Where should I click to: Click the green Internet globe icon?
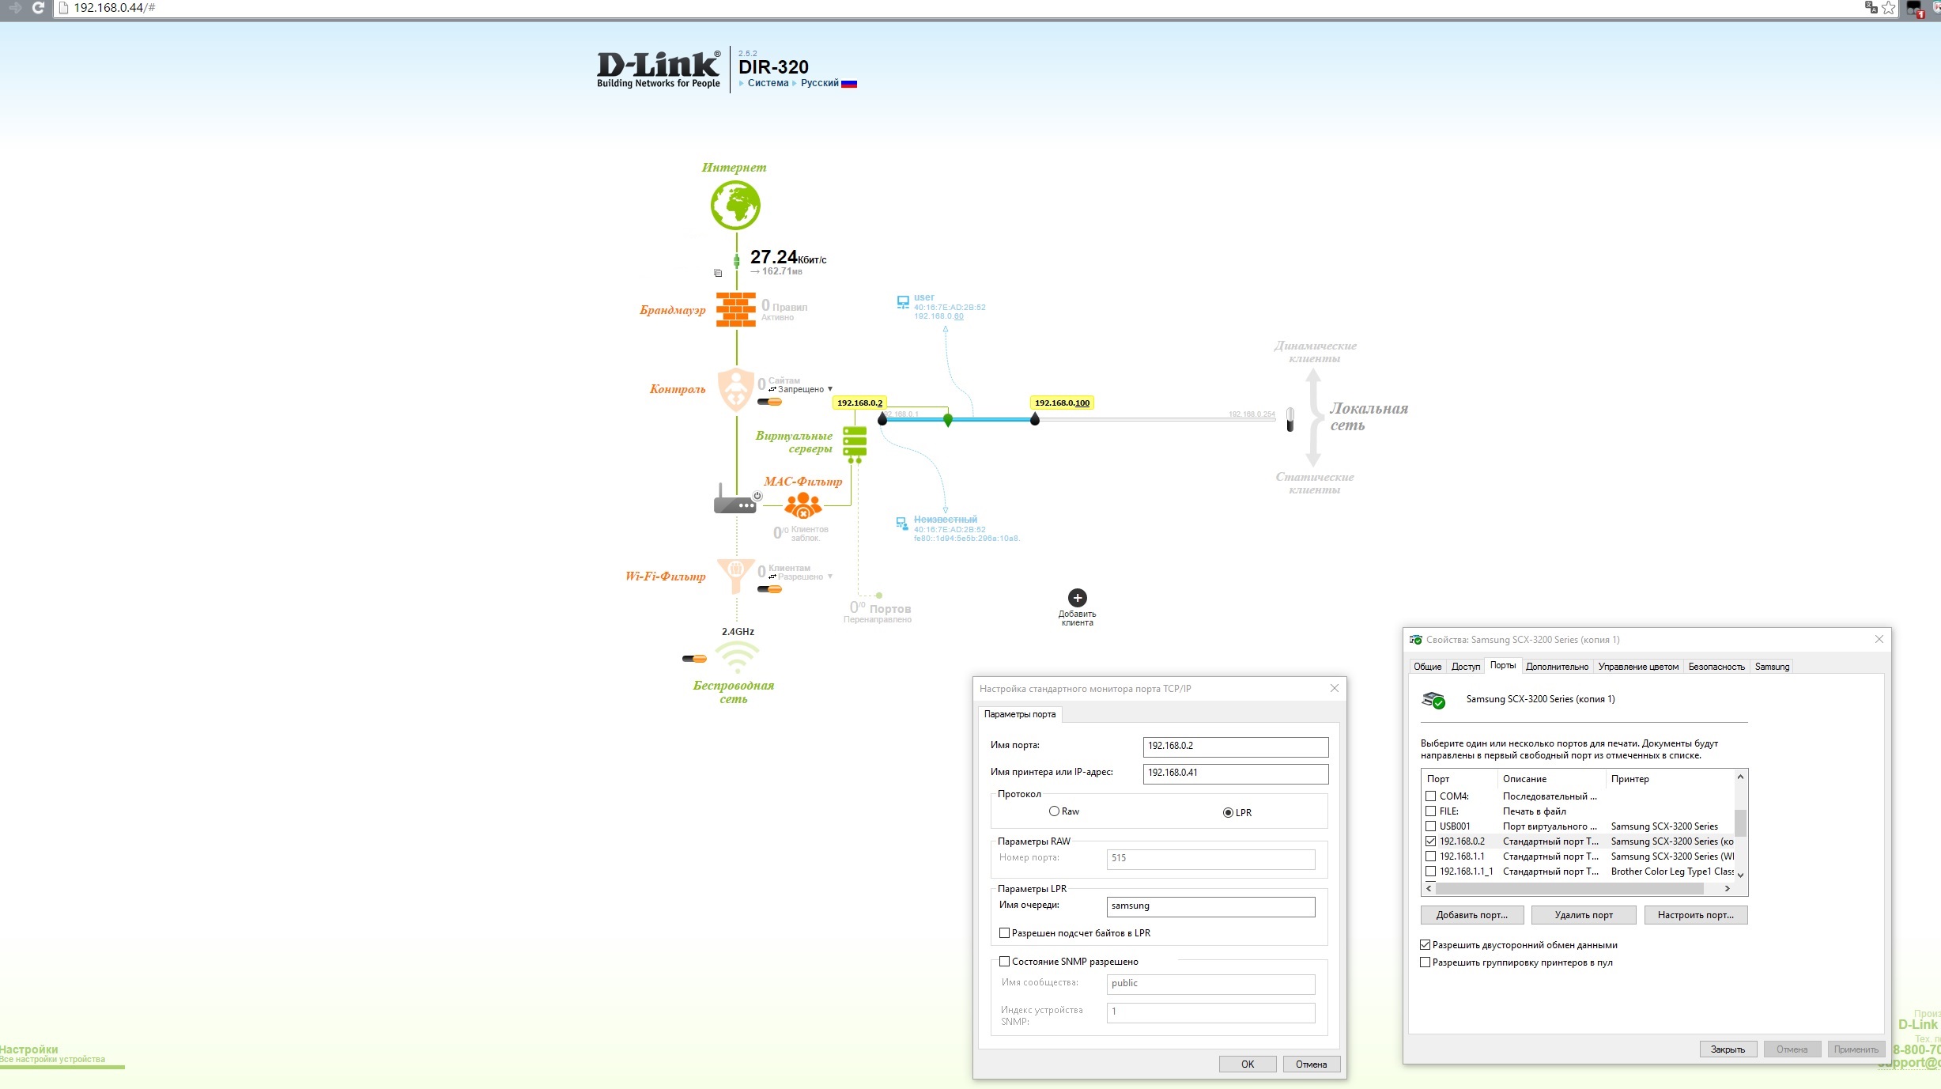pos(735,205)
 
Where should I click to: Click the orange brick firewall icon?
pos(736,309)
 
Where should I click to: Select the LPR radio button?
pos(1228,813)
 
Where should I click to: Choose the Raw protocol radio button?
pos(1054,811)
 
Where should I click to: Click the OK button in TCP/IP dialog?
pos(1247,1064)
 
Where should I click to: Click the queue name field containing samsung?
pos(1210,906)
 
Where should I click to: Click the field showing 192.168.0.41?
pos(1235,773)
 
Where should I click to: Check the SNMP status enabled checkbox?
pos(1005,962)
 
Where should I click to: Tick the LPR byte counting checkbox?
pos(1005,933)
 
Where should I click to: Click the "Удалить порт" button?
pos(1583,915)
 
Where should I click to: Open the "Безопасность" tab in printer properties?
pos(1716,667)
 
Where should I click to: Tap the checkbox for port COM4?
pos(1430,796)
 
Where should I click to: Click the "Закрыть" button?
pos(1728,1049)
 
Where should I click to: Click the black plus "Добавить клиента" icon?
pos(1077,598)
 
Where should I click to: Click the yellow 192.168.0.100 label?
pos(1062,403)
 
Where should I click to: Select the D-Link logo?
pos(658,69)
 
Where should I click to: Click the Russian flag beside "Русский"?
pos(849,84)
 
